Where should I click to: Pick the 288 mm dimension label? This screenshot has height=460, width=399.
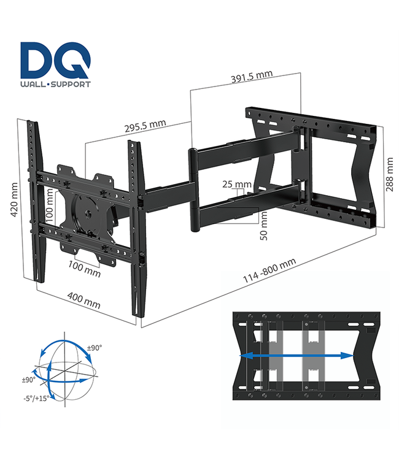[x=389, y=175]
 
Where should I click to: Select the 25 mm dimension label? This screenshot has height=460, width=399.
[x=236, y=185]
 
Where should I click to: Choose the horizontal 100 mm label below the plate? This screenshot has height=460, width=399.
[x=84, y=269]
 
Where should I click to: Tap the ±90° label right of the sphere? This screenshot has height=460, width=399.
[x=95, y=348]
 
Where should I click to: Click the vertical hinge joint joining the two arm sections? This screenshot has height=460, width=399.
[x=193, y=190]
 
